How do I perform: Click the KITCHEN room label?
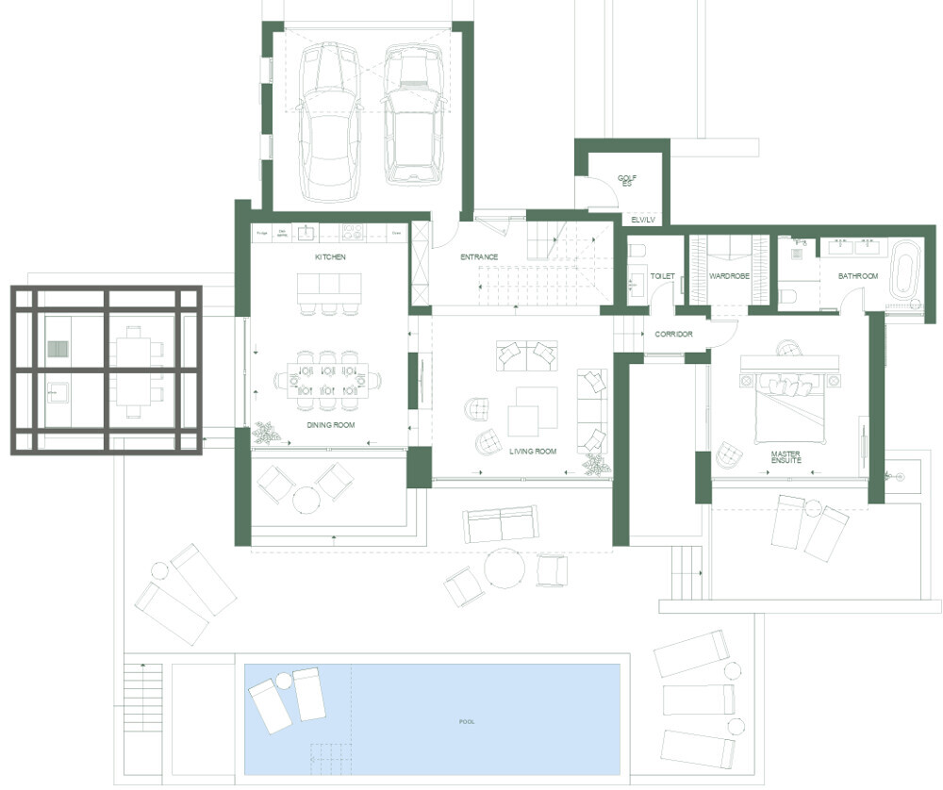331,256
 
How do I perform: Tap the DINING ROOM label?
330,426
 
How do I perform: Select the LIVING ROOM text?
533,452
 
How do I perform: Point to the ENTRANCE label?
479,256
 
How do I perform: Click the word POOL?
466,722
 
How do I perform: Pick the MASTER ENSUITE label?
786,456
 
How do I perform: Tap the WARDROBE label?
728,276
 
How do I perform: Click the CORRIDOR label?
674,335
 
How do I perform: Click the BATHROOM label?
858,276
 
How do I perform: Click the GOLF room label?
626,179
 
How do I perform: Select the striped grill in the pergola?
58,350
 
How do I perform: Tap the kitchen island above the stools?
329,284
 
